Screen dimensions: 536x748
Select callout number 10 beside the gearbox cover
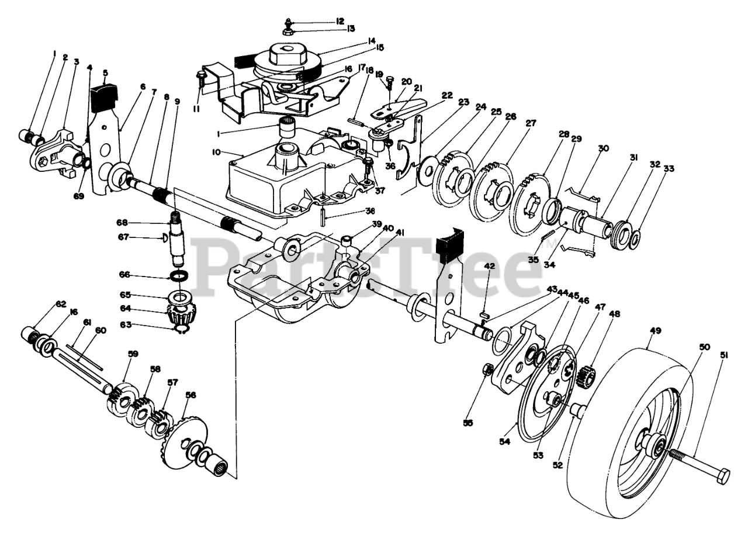[216, 152]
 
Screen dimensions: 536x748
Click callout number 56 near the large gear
[190, 395]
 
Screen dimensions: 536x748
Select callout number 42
[489, 266]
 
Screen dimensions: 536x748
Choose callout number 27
[531, 123]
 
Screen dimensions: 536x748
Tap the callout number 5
[105, 73]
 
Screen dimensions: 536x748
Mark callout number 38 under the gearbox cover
[354, 211]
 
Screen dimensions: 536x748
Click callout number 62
[61, 304]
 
